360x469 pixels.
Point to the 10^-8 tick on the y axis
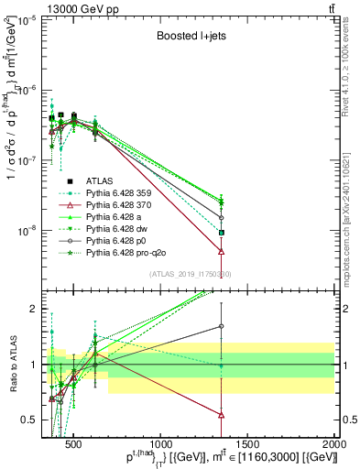(27, 231)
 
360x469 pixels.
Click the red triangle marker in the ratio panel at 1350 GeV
(222, 414)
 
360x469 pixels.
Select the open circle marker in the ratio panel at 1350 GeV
(222, 326)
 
